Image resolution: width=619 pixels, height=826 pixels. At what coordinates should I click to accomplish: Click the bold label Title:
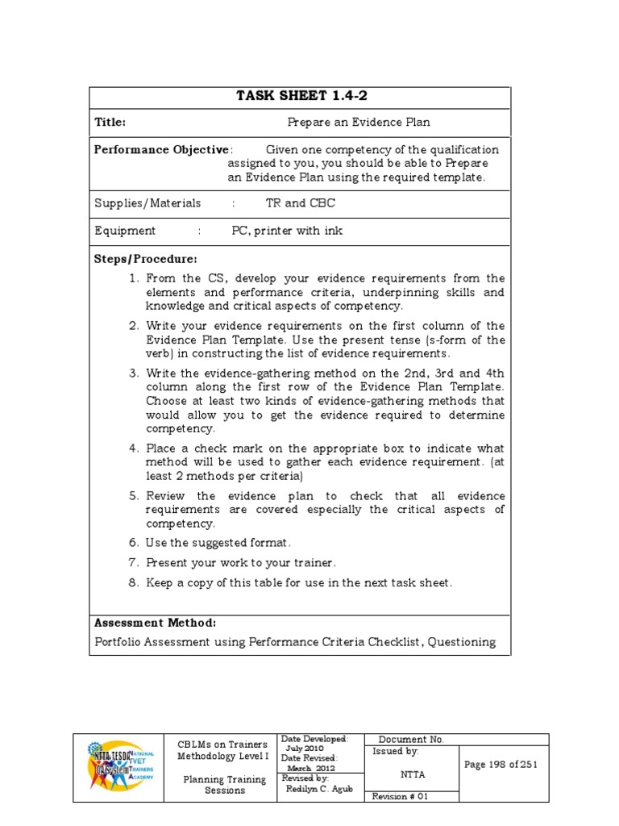[110, 123]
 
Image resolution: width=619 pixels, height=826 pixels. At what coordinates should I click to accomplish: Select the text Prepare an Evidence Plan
[359, 123]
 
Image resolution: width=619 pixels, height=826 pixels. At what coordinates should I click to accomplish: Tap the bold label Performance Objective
[161, 150]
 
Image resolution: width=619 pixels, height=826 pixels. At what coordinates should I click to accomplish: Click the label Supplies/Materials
[147, 203]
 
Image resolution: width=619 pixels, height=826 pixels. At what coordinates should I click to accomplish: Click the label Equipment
[125, 231]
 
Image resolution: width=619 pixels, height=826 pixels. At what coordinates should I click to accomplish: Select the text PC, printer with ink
[287, 231]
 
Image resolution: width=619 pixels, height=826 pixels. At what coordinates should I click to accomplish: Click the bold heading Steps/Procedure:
[145, 259]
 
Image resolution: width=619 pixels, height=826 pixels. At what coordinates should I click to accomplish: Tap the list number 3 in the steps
[134, 373]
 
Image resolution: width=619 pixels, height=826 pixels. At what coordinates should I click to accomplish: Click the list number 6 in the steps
[134, 544]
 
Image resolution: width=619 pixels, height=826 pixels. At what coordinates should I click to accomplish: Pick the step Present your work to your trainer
[241, 563]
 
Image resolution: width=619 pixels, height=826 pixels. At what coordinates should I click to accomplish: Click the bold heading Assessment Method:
[155, 624]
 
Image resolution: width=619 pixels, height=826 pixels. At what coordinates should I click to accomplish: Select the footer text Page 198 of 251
[501, 765]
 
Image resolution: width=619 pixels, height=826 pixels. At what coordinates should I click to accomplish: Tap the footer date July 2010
[305, 749]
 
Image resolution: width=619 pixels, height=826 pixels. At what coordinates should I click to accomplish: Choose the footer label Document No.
[411, 739]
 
